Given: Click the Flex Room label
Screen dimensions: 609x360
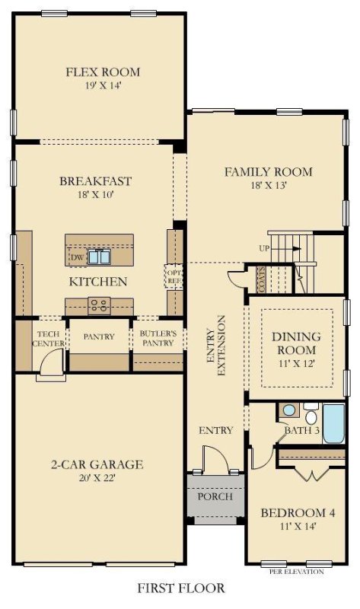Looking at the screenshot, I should click(102, 72).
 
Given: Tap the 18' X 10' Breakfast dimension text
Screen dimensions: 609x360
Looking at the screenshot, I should click(96, 195).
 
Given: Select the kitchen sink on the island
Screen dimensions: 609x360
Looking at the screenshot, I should click(97, 257).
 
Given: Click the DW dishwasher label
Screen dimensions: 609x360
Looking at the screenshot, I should click(76, 257).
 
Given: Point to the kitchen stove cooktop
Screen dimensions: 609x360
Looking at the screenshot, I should click(99, 306).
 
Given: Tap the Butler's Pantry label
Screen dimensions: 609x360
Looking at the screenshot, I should click(158, 338).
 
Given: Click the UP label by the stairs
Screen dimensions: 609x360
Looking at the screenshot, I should click(264, 249).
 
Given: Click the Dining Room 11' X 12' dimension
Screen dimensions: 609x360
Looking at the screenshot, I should click(296, 364).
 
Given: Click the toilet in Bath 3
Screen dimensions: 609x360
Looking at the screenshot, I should click(311, 416).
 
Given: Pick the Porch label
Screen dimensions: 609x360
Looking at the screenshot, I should click(215, 496).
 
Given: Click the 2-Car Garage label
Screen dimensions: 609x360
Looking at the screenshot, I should click(97, 464).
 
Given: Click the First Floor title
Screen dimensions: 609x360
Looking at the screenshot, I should click(181, 588).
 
